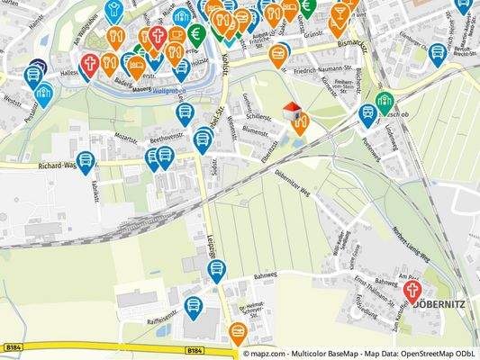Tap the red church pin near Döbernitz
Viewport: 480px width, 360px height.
(413, 291)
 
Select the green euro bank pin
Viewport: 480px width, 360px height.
(197, 34)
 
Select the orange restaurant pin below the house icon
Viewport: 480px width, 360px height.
(299, 124)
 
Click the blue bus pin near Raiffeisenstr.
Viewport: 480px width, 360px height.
(192, 306)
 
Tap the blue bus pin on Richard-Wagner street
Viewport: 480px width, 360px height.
(86, 162)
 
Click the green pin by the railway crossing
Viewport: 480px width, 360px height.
(385, 101)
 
